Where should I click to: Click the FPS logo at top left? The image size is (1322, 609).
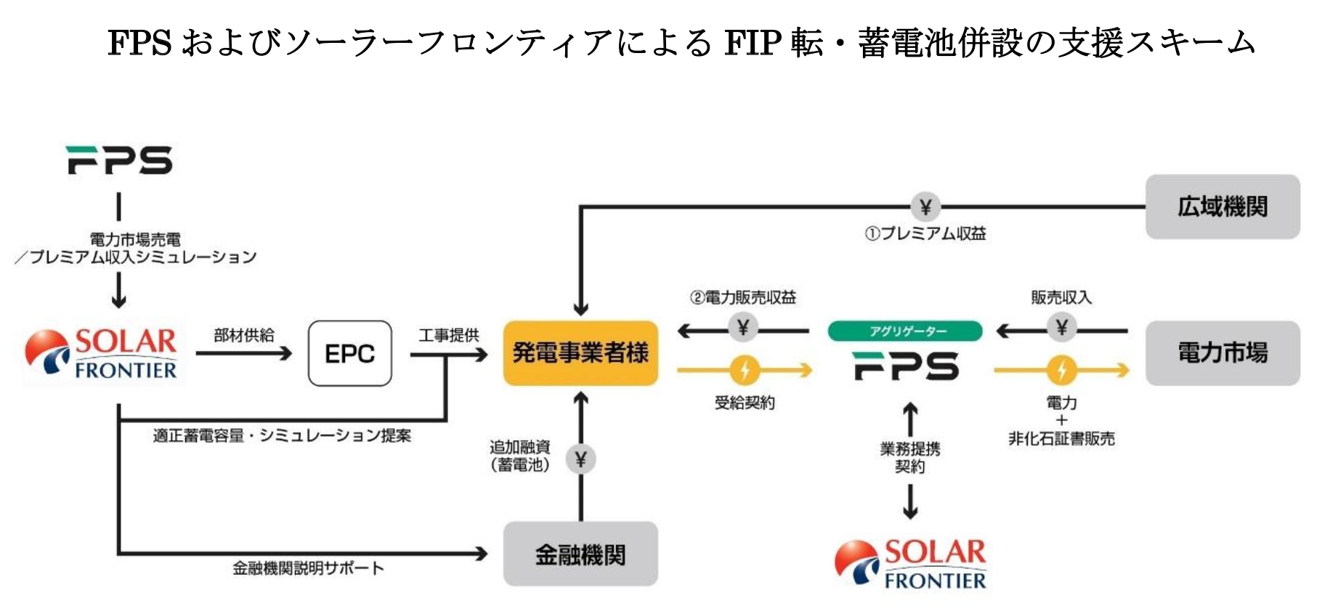[120, 160]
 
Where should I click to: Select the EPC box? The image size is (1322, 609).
[349, 354]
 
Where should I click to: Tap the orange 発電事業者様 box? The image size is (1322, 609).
[580, 353]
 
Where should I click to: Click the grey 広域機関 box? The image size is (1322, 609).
[1222, 207]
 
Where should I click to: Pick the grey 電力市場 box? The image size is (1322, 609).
[1222, 353]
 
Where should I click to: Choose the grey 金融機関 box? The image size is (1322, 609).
[580, 554]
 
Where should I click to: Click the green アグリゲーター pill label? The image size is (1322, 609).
[905, 331]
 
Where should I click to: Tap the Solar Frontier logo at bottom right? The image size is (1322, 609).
[911, 563]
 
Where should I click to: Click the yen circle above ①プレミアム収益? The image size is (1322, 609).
[925, 207]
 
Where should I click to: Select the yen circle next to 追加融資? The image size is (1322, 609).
[580, 459]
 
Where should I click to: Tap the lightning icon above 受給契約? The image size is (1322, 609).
[745, 371]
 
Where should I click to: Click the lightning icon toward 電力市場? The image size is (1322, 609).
[1061, 371]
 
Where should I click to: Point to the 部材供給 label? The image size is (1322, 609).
[244, 335]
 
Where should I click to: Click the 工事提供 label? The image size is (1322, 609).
[449, 335]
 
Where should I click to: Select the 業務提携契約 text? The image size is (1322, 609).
[910, 458]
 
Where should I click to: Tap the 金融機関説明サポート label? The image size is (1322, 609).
[308, 568]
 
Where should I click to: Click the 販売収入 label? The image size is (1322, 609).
[1061, 297]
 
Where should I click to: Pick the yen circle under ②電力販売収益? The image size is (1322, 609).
[743, 328]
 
